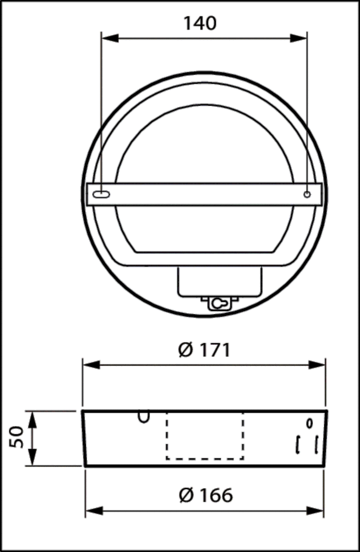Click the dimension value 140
[x=200, y=23]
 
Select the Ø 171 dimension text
[x=204, y=351]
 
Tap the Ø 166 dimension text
[x=206, y=495]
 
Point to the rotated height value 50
[x=17, y=437]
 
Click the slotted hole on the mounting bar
[x=101, y=195]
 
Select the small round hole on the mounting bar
[x=307, y=195]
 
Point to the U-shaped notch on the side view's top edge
[x=144, y=417]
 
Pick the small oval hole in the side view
[x=309, y=422]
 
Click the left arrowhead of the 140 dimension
[x=109, y=39]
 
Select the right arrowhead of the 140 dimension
[x=300, y=39]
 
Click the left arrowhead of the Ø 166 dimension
[x=93, y=511]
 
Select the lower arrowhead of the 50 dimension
[x=33, y=459]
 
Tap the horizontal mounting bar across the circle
[x=205, y=195]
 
